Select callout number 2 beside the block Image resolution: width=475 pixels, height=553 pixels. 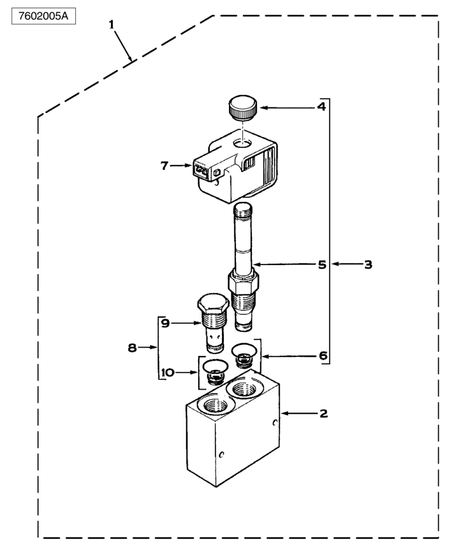[x=323, y=414]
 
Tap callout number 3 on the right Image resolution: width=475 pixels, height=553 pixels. [x=368, y=264]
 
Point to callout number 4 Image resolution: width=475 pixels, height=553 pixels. [x=321, y=107]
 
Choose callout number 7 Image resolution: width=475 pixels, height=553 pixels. [x=165, y=166]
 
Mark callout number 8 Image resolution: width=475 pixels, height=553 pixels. [x=133, y=348]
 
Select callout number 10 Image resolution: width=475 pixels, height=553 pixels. [x=169, y=372]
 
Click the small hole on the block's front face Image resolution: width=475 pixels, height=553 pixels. [x=221, y=454]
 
